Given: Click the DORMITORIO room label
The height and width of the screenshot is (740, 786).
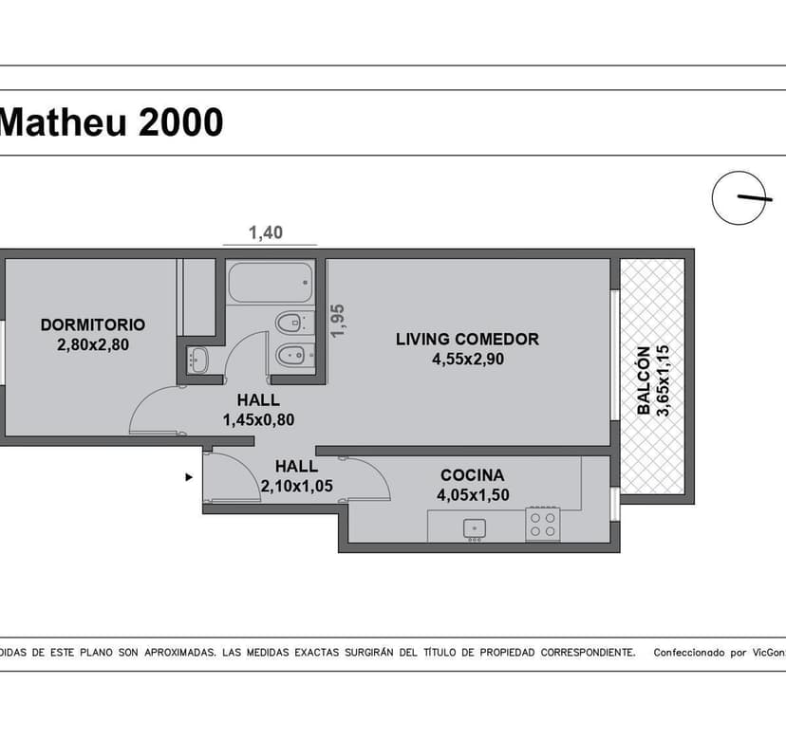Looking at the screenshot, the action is (x=93, y=324).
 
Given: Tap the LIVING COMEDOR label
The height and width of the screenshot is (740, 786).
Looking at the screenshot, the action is (x=467, y=340).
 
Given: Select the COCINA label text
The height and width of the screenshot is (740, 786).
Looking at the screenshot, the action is (x=472, y=475).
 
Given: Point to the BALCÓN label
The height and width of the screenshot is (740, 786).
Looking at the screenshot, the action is (x=644, y=380).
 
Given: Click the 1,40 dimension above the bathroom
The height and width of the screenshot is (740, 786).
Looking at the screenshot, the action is (x=266, y=232).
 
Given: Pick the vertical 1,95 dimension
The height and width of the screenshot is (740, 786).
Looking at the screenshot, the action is (x=338, y=322).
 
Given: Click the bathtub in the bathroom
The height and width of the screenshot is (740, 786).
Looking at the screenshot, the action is (x=271, y=282).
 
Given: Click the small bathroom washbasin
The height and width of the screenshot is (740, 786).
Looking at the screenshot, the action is (x=197, y=360).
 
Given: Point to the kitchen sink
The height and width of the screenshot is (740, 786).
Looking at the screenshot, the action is (x=475, y=528).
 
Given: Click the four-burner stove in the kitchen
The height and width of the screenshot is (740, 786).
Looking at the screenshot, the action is (x=543, y=525).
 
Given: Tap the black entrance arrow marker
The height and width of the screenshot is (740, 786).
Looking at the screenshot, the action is (x=189, y=477).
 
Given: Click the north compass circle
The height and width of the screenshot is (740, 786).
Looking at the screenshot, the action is (x=739, y=198).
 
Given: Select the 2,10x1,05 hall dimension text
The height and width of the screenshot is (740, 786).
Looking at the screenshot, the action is (x=297, y=486).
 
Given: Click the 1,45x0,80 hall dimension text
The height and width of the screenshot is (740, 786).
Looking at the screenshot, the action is (x=258, y=420).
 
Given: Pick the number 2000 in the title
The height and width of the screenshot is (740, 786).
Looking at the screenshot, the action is (x=181, y=122).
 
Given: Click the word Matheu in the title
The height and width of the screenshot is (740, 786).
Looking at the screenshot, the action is (x=64, y=122).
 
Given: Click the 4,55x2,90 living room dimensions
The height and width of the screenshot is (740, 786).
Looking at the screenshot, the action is (x=468, y=360).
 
